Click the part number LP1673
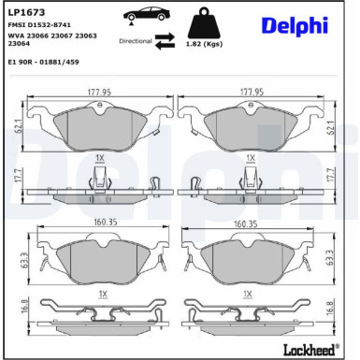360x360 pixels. (x=22, y=11)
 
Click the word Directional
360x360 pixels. (x=136, y=42)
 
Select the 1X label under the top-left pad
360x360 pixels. (x=98, y=158)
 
